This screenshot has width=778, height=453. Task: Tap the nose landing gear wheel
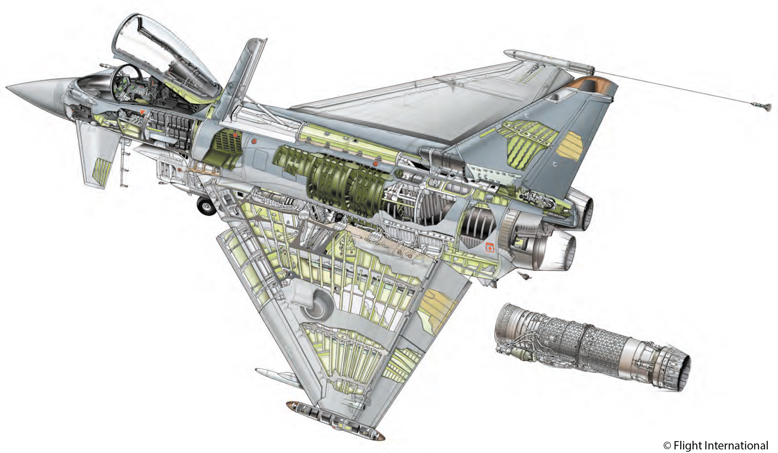[x=206, y=206]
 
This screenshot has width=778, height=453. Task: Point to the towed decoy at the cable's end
[x=761, y=107]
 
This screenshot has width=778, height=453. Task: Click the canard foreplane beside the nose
[x=97, y=154]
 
